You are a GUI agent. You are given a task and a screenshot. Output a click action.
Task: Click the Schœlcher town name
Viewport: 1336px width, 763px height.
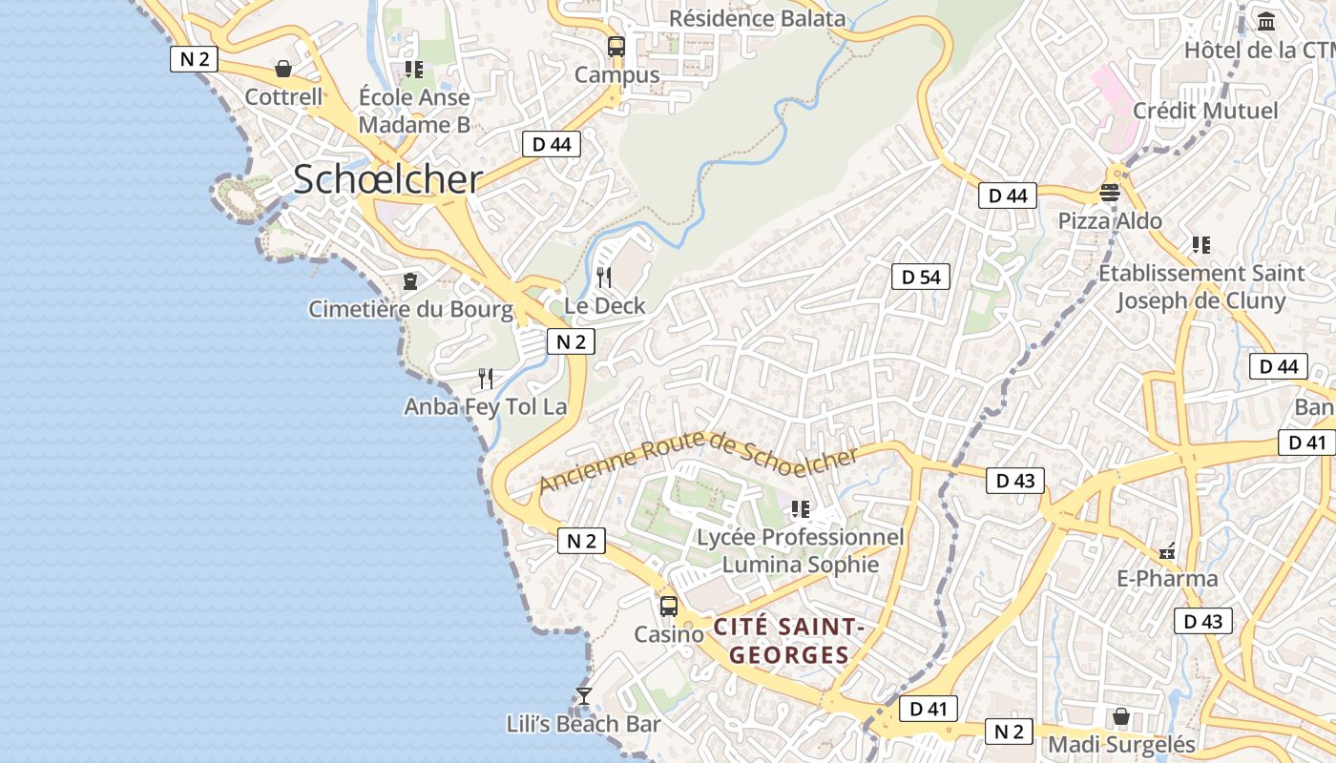[387, 179]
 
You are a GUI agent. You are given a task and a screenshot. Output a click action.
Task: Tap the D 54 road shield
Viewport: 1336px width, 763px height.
[921, 277]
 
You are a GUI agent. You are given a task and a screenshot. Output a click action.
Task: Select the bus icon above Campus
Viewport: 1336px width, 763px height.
[616, 46]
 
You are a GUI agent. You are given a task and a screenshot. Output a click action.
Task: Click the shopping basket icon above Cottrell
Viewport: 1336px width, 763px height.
[283, 69]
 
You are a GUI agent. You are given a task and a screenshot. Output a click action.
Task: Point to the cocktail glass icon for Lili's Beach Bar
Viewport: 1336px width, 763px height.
[584, 696]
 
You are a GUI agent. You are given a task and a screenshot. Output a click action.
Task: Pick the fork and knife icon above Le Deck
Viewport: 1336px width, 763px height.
[604, 278]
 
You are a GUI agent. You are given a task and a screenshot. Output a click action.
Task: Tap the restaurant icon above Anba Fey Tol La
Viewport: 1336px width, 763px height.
[486, 379]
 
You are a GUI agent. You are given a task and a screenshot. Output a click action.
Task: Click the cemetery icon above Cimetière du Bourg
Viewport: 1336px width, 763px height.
[410, 280]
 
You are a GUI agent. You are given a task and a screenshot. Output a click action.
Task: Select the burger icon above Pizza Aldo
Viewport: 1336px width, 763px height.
[1109, 193]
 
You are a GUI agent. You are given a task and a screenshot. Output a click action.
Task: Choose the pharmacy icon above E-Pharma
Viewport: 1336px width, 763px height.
[1166, 550]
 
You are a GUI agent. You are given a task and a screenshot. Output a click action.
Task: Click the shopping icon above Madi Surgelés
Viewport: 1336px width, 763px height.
[1121, 715]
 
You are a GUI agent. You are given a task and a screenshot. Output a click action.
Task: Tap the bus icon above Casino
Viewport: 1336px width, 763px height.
[669, 606]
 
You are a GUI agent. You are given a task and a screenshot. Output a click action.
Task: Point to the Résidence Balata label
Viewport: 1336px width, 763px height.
[757, 18]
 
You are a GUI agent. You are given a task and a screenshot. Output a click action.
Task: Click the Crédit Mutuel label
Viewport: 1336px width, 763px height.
[1205, 111]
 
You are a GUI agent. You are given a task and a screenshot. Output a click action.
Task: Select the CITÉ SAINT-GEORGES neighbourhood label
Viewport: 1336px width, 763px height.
[788, 641]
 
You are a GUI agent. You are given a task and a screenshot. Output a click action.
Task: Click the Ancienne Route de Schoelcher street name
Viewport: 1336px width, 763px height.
[699, 460]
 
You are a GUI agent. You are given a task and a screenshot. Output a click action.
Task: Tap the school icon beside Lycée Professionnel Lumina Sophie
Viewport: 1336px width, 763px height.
[800, 509]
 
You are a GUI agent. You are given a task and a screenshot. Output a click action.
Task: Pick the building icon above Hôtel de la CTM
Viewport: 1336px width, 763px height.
[1266, 21]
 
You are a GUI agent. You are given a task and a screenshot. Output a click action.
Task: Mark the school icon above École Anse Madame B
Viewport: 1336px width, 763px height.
[413, 69]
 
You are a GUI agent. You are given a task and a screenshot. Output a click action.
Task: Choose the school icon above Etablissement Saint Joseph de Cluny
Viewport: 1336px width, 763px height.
[1200, 245]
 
